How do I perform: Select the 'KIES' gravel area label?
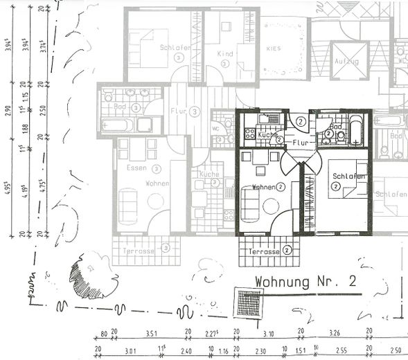point(274,49)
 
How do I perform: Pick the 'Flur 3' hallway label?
point(184,110)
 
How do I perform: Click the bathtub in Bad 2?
point(355,130)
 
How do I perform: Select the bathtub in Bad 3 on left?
point(117,125)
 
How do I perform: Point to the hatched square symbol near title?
point(248,303)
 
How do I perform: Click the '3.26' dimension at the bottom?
point(335,334)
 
